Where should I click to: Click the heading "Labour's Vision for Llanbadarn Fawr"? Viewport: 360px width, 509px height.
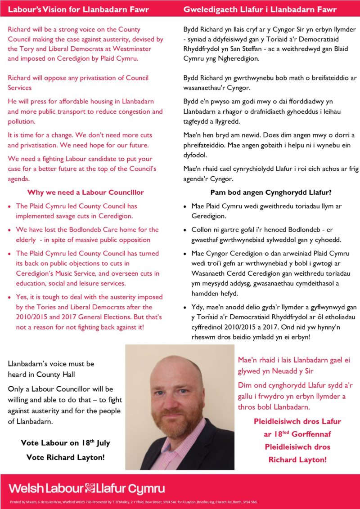tap(79, 9)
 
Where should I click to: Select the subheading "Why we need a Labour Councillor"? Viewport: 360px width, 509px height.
tap(85, 192)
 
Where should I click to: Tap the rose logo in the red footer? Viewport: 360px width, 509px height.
tap(90, 488)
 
